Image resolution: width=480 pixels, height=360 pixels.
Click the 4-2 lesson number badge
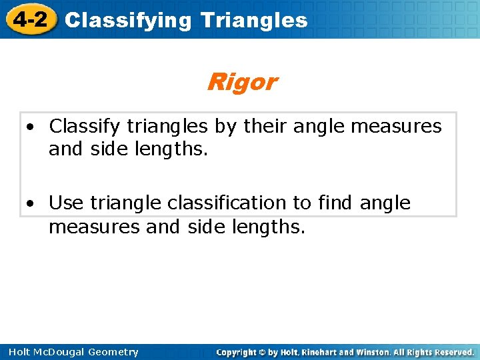(x=30, y=19)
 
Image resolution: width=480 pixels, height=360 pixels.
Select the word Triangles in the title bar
(x=253, y=20)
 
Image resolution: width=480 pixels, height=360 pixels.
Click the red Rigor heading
(x=241, y=82)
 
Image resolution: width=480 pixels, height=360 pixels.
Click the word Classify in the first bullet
(x=85, y=126)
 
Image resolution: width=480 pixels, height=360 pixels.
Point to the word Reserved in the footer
(x=453, y=352)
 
